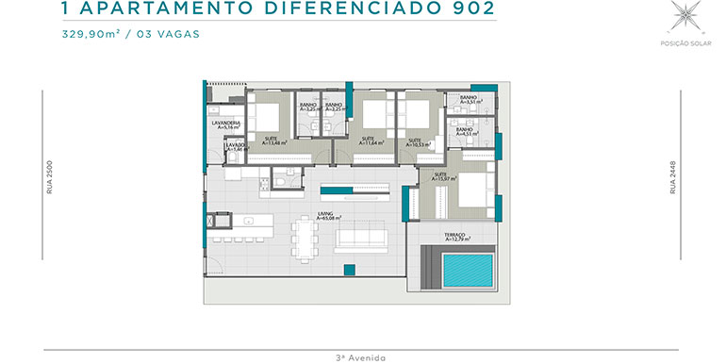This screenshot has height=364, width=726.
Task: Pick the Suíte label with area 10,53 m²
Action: tap(415, 142)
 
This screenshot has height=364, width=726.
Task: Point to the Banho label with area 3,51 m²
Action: tap(468, 100)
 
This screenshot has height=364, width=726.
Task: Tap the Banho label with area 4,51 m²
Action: tap(467, 131)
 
